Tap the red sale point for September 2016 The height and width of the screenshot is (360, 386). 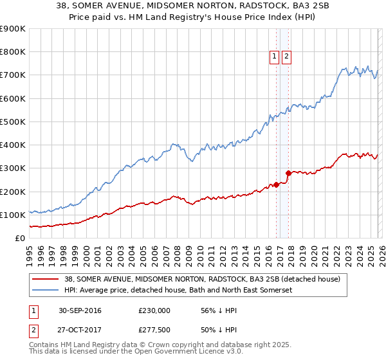[277, 184]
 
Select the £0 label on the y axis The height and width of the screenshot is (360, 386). [21, 238]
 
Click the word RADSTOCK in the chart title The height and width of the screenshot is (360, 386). [248, 6]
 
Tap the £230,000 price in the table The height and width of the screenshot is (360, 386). [154, 310]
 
